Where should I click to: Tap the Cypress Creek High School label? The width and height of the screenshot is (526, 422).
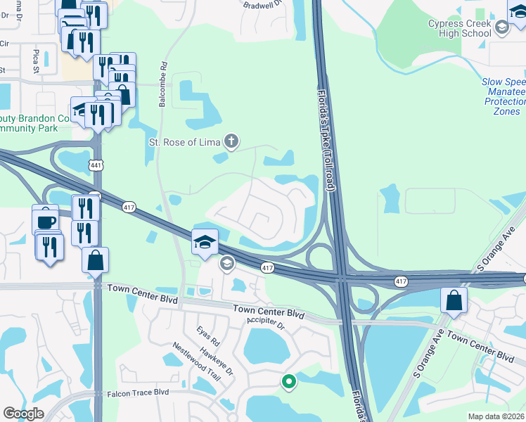tap(460, 28)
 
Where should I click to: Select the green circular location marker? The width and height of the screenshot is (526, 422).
tap(288, 382)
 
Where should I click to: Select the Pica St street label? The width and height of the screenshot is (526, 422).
tap(35, 61)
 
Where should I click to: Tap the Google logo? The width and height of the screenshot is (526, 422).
tap(24, 414)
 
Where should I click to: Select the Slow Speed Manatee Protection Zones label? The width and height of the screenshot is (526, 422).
tap(503, 96)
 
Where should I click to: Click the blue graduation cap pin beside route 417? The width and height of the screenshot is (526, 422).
tap(205, 242)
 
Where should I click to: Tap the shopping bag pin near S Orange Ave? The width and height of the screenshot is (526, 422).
tap(454, 300)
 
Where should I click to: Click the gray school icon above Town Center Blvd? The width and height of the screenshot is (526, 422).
tap(226, 264)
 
